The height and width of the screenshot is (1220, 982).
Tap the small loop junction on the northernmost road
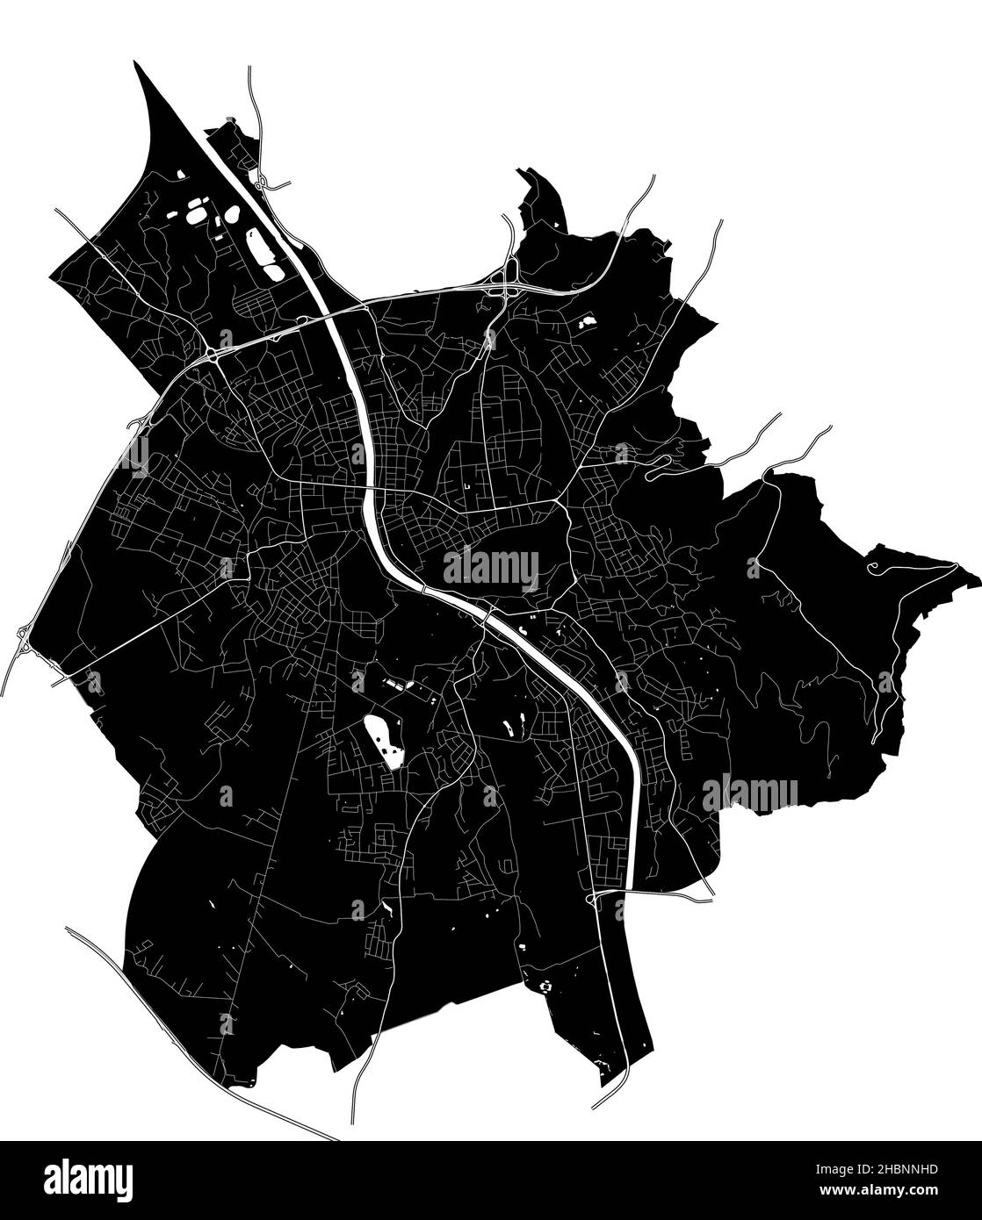pyautogui.click(x=262, y=182)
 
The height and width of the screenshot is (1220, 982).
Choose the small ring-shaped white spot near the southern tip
pyautogui.click(x=546, y=986)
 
